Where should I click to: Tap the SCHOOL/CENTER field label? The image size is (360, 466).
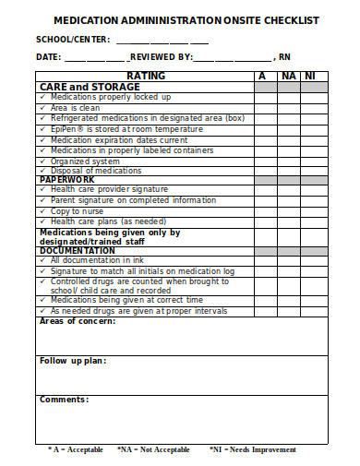(x=72, y=39)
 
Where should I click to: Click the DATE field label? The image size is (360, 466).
(x=47, y=56)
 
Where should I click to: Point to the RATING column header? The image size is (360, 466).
(x=146, y=76)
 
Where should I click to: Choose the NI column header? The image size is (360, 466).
(x=316, y=76)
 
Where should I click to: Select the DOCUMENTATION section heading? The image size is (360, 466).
(x=78, y=250)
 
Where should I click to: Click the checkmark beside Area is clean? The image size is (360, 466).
(x=43, y=107)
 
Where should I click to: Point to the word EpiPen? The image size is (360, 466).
(x=65, y=128)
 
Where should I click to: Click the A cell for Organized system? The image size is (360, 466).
(x=265, y=160)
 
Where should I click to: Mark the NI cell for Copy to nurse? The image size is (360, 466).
(x=316, y=211)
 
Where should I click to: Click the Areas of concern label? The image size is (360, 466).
(x=78, y=321)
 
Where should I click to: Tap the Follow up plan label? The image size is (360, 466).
(x=73, y=360)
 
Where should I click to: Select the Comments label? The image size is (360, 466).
(x=64, y=400)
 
